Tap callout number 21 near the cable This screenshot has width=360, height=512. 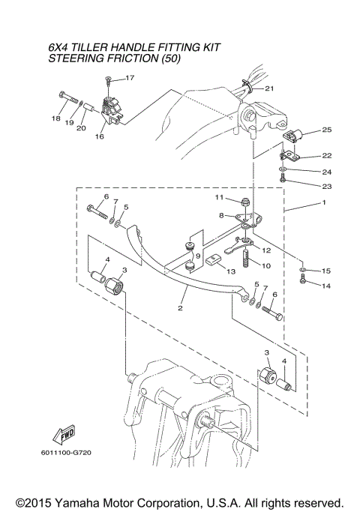(x=269, y=89)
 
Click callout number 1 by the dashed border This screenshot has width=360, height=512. (x=323, y=203)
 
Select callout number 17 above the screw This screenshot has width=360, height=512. (x=130, y=78)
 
